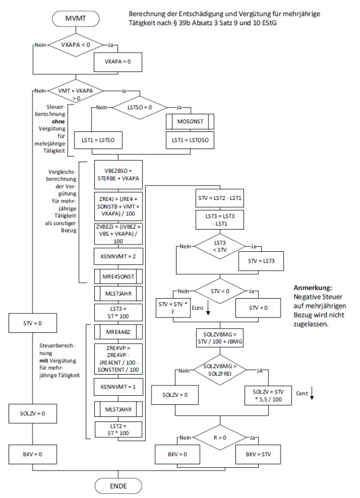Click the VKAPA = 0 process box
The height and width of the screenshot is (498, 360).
pyautogui.click(x=117, y=61)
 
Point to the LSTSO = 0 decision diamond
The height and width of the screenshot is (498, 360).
pyautogui.click(x=140, y=107)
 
